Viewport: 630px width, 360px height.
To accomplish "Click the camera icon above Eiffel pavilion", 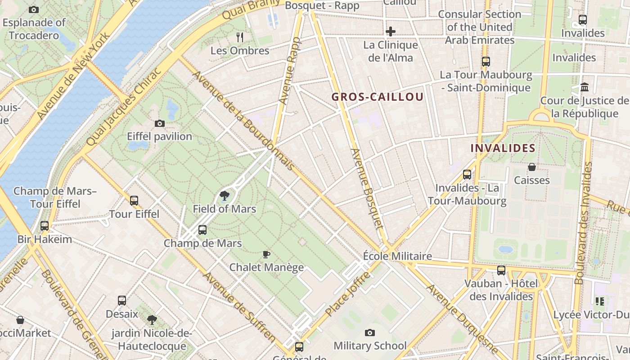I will tap(159, 123).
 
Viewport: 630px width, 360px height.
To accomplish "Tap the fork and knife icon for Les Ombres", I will tap(240, 37).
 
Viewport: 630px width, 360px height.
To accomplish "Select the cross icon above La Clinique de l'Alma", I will tap(391, 31).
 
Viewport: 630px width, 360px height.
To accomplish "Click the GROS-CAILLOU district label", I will tap(378, 97).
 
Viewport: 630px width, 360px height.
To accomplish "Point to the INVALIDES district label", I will tap(503, 148).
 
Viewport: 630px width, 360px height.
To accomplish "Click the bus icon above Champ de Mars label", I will tap(202, 230).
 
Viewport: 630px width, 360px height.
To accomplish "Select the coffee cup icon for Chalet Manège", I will tap(266, 254).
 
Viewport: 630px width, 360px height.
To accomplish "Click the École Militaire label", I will tap(397, 256).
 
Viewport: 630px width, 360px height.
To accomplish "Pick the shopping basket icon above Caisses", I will tap(532, 167).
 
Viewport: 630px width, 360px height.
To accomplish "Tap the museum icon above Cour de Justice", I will tap(585, 87).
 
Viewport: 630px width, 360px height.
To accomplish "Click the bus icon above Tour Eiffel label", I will tap(134, 201).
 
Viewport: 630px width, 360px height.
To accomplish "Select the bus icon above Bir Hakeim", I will tap(44, 226).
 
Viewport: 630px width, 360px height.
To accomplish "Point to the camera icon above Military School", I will tap(370, 333).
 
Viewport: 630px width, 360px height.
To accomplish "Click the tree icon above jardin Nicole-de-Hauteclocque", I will tap(152, 320).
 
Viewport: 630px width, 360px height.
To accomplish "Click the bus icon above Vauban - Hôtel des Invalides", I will tap(501, 270).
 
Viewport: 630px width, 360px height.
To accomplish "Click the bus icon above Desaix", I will tap(122, 301).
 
